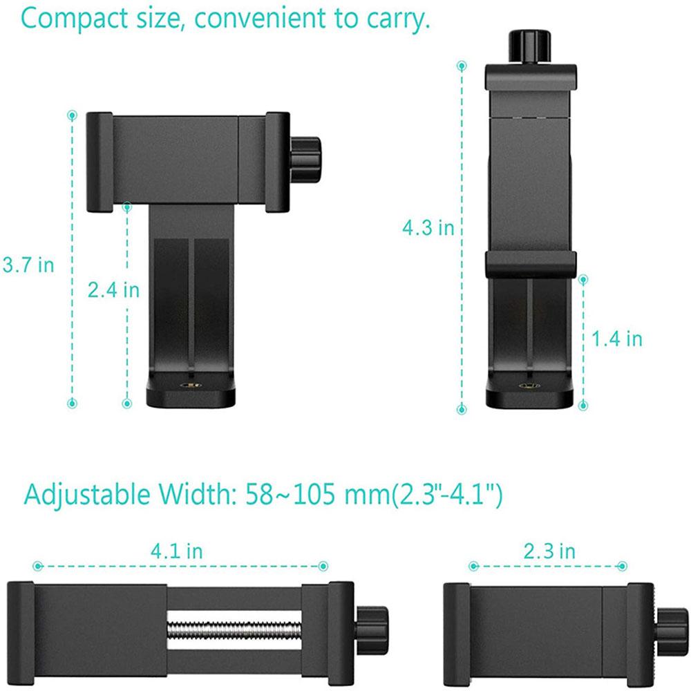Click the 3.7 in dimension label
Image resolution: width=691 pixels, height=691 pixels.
28,265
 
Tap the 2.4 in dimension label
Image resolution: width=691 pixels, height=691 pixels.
113,290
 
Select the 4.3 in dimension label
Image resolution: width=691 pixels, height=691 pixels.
428,227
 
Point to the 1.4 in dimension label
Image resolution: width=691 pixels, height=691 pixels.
617,339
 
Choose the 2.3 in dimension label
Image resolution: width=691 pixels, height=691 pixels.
549,551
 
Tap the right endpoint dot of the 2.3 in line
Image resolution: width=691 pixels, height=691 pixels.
626,566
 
